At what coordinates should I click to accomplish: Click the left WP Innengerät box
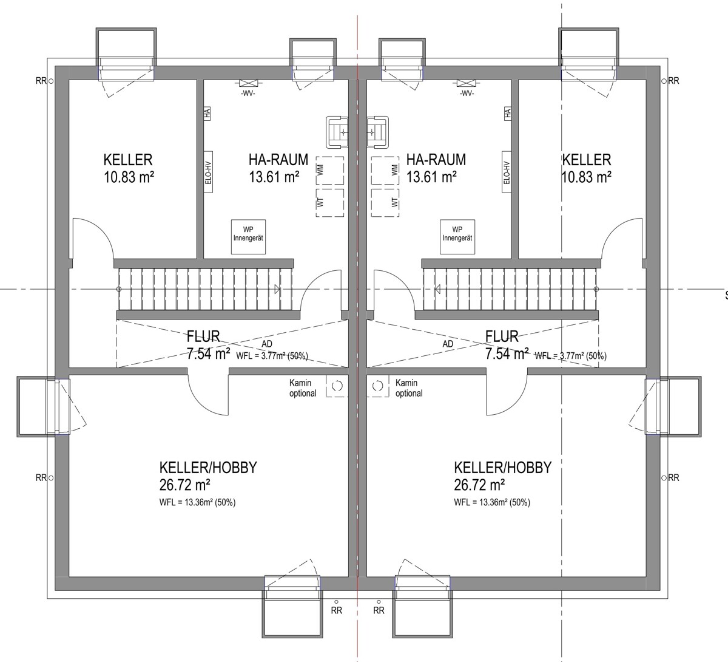(248, 237)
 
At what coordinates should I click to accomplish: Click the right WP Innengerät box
(457, 237)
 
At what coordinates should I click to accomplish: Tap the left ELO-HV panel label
(208, 172)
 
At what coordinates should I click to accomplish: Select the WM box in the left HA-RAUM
(330, 171)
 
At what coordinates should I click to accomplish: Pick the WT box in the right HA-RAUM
(385, 202)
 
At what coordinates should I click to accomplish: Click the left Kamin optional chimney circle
(337, 386)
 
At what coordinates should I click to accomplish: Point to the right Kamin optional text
(409, 388)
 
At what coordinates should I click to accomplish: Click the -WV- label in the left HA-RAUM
(248, 94)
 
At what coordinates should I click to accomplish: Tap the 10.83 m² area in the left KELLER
(129, 177)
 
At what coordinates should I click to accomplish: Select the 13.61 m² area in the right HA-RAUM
(431, 177)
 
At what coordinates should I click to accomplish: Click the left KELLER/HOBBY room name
(208, 468)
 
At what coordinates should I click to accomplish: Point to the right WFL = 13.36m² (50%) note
(492, 502)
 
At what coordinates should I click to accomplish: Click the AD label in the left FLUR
(267, 344)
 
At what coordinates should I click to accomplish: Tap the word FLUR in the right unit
(502, 336)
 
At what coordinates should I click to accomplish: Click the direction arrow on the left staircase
(277, 289)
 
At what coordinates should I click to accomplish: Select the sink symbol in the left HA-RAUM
(337, 132)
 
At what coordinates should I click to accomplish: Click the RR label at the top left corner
(41, 81)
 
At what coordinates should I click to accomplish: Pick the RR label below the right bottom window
(379, 610)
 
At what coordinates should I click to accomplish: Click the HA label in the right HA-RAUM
(507, 114)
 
